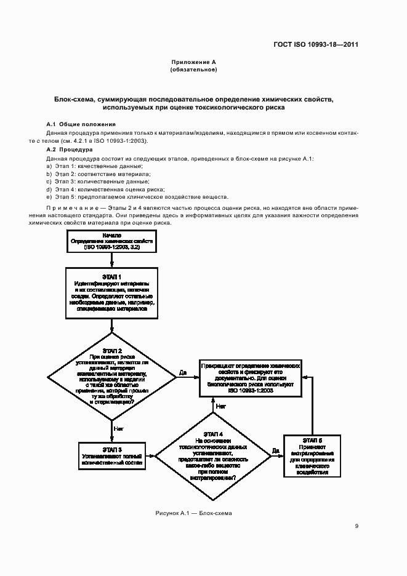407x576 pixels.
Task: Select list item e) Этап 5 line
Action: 137,197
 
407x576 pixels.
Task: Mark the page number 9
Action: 357,526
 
